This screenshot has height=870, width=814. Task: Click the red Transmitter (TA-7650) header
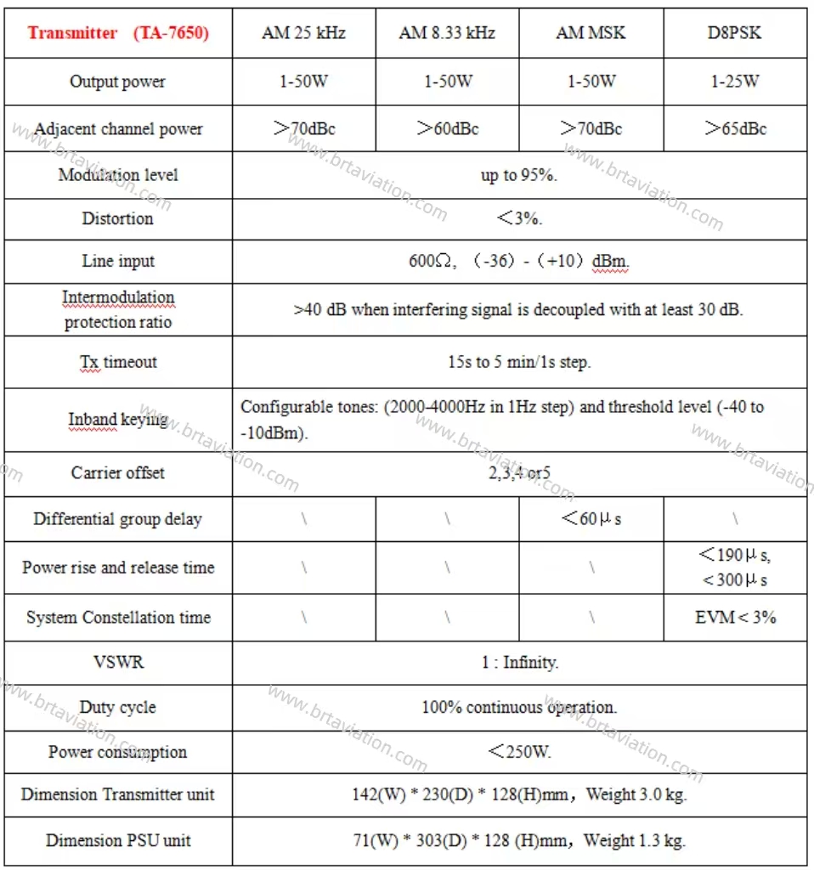pos(118,34)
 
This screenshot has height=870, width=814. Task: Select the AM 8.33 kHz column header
pos(447,34)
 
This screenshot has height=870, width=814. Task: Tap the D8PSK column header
pos(735,34)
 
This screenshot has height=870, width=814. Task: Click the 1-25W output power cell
pos(735,82)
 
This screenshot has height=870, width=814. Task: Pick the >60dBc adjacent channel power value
pos(447,129)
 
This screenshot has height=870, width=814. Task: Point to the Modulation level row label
pos(118,175)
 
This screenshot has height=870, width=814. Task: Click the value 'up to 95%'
pos(519,176)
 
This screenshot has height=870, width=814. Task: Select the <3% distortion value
pos(519,218)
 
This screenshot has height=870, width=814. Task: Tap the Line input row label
pos(118,262)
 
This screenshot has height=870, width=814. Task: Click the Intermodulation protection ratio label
pos(118,309)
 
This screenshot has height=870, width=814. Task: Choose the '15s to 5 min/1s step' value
pos(519,362)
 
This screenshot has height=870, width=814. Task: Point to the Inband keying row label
pos(118,420)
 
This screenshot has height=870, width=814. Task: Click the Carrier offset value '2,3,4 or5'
pos(519,473)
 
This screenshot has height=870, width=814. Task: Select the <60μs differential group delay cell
pos(591,519)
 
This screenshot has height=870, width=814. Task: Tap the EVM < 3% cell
pos(735,618)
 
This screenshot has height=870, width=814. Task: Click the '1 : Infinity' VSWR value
pos(519,663)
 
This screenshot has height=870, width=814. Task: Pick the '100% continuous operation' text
pos(519,707)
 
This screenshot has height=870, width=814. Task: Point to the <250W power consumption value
pos(519,752)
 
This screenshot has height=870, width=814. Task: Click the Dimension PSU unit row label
pos(118,841)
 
